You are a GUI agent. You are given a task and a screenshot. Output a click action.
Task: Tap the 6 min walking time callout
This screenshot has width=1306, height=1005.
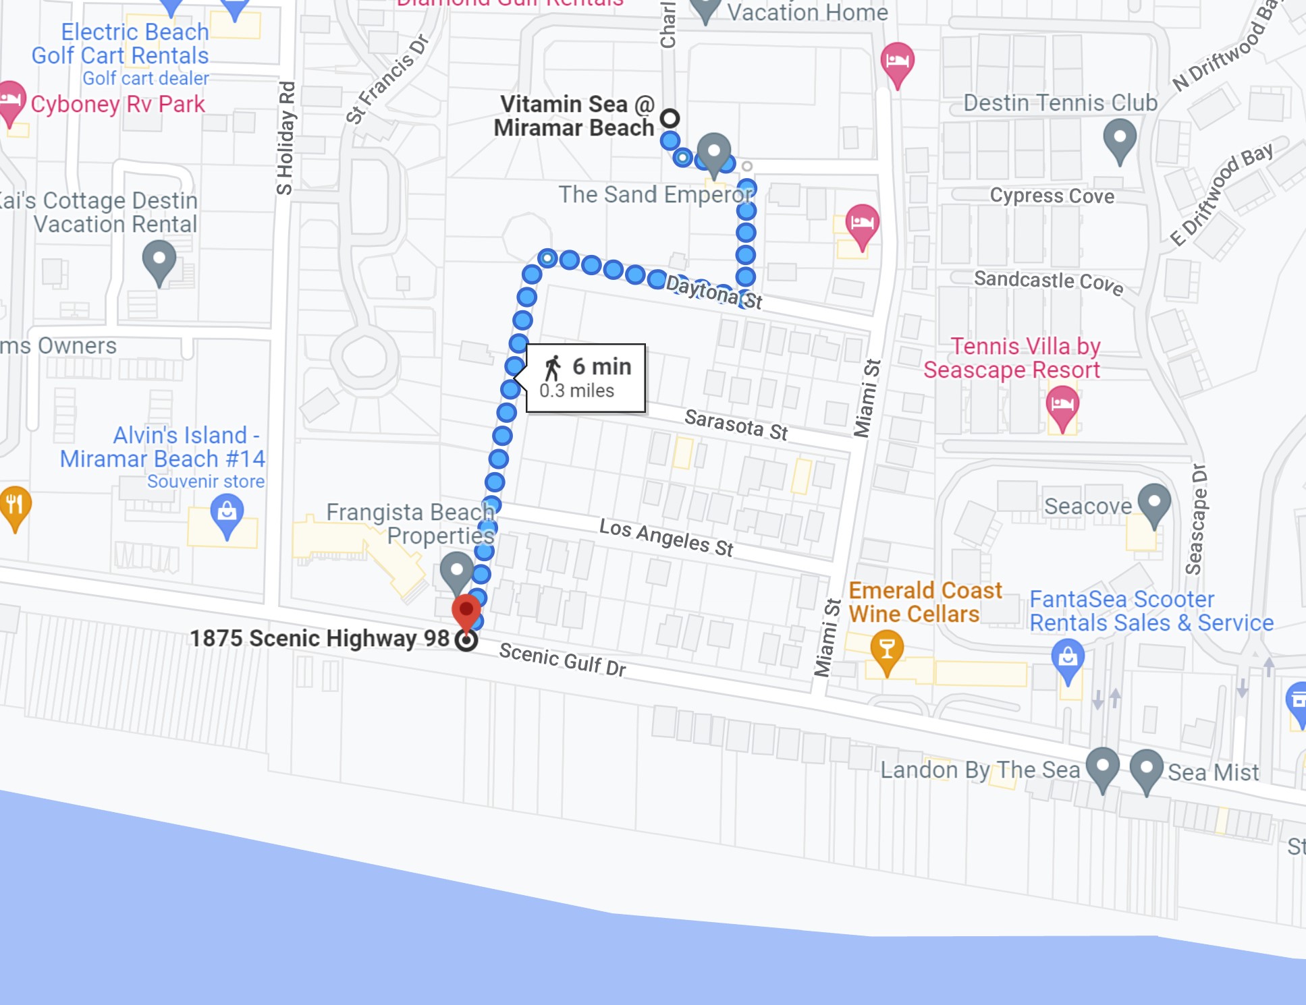coord(585,378)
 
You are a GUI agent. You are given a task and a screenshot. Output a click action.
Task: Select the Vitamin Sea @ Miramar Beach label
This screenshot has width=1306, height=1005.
coord(576,116)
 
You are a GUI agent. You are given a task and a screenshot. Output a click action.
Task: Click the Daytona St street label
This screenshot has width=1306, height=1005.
coord(713,292)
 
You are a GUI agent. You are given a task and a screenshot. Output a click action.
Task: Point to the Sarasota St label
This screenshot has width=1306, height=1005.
coord(736,424)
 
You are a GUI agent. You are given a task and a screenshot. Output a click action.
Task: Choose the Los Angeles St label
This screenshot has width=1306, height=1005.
coord(666,538)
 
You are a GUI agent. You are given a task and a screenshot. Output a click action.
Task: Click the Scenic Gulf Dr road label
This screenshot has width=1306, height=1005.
coord(562,660)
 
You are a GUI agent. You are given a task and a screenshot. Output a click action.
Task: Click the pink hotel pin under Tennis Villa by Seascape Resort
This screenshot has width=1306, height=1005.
coord(1062,407)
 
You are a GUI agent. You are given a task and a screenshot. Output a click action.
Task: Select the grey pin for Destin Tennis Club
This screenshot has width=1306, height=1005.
coord(1120,140)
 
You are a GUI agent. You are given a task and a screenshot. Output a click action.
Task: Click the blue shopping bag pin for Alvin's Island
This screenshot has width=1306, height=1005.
coord(227,515)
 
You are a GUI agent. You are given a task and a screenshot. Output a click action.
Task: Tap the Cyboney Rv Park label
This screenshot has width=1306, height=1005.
coord(117,105)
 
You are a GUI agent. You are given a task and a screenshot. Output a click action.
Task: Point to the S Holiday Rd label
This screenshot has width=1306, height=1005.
coord(286,138)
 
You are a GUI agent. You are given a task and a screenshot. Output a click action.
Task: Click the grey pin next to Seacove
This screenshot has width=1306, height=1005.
coord(1154,505)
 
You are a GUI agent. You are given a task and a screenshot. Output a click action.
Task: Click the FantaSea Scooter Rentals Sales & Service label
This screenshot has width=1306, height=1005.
coord(1151,611)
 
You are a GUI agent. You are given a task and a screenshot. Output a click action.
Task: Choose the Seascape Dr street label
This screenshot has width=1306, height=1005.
coord(1196,519)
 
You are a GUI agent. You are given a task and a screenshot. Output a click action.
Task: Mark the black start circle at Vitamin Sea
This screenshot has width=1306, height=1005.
coord(670,119)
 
